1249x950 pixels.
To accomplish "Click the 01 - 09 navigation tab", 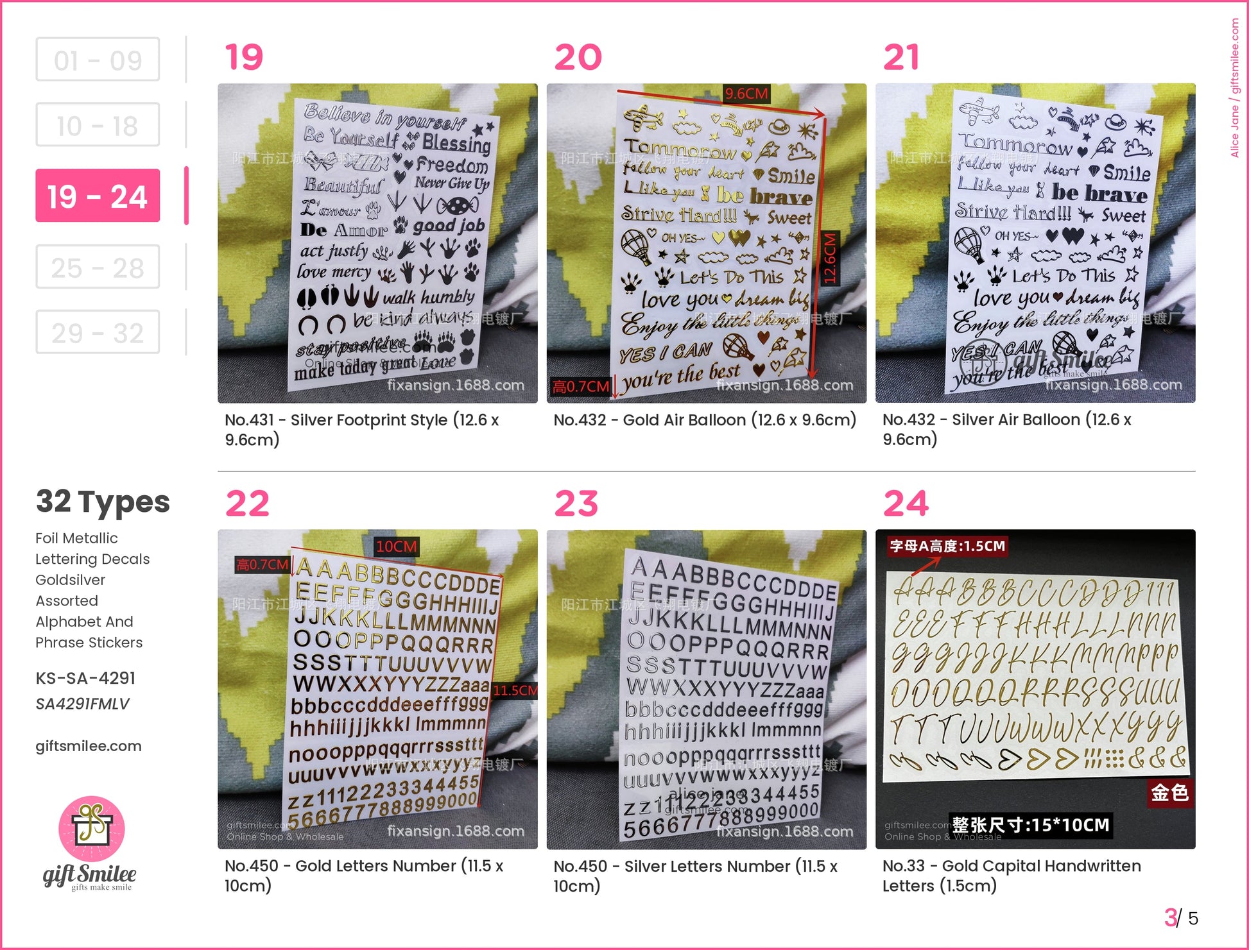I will coord(98,60).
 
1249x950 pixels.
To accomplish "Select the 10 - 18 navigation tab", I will coord(98,125).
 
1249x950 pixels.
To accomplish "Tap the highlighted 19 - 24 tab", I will coord(98,196).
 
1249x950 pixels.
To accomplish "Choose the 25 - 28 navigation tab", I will coord(98,267).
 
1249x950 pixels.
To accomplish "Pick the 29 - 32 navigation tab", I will coord(98,332).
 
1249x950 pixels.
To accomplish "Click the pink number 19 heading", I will coord(244,57).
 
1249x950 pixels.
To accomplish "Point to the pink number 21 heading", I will coord(901,57).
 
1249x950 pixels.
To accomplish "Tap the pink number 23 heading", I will coord(576,503).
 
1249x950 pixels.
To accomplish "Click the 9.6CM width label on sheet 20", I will coord(746,94).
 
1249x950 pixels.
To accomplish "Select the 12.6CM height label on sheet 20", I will coord(830,259).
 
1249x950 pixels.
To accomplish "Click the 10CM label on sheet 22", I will coord(397,547).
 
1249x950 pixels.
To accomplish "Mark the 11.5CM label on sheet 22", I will coord(515,690).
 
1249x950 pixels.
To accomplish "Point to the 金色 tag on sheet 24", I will coord(1169,793).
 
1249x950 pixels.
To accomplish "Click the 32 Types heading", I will coord(103,502).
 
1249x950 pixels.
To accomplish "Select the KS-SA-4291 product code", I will coord(85,678).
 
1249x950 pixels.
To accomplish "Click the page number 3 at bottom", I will coord(1171,917).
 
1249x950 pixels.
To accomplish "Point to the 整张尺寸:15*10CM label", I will coord(1030,825).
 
